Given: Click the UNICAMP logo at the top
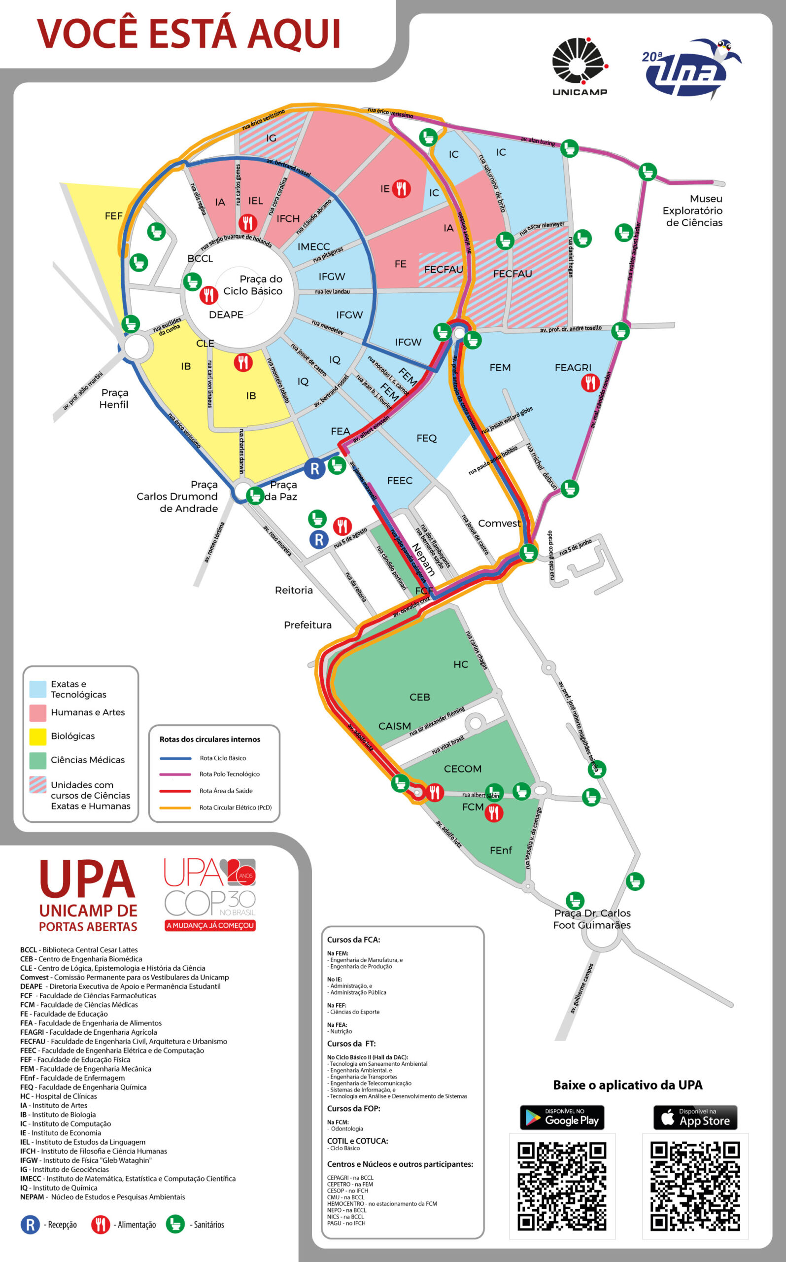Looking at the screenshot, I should (x=579, y=66).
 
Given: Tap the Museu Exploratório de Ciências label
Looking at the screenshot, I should (x=692, y=210).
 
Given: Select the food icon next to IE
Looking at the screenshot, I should (x=401, y=188).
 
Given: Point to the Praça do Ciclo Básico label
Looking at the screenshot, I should (x=253, y=285).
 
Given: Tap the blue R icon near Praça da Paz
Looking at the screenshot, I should (x=314, y=468).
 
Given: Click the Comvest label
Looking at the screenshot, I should (x=499, y=523).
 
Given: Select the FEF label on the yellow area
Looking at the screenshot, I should (x=113, y=215).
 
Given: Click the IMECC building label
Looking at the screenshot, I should (x=313, y=246).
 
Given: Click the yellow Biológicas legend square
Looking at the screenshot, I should (x=37, y=736).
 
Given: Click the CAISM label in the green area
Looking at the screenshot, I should (x=394, y=726).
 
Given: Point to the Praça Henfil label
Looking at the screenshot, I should (x=114, y=398).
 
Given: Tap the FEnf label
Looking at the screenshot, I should (x=501, y=850).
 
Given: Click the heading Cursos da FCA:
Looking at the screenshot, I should (x=353, y=940).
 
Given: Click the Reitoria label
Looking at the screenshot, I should (x=294, y=590).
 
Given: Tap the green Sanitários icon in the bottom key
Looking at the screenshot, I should (x=175, y=1224).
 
